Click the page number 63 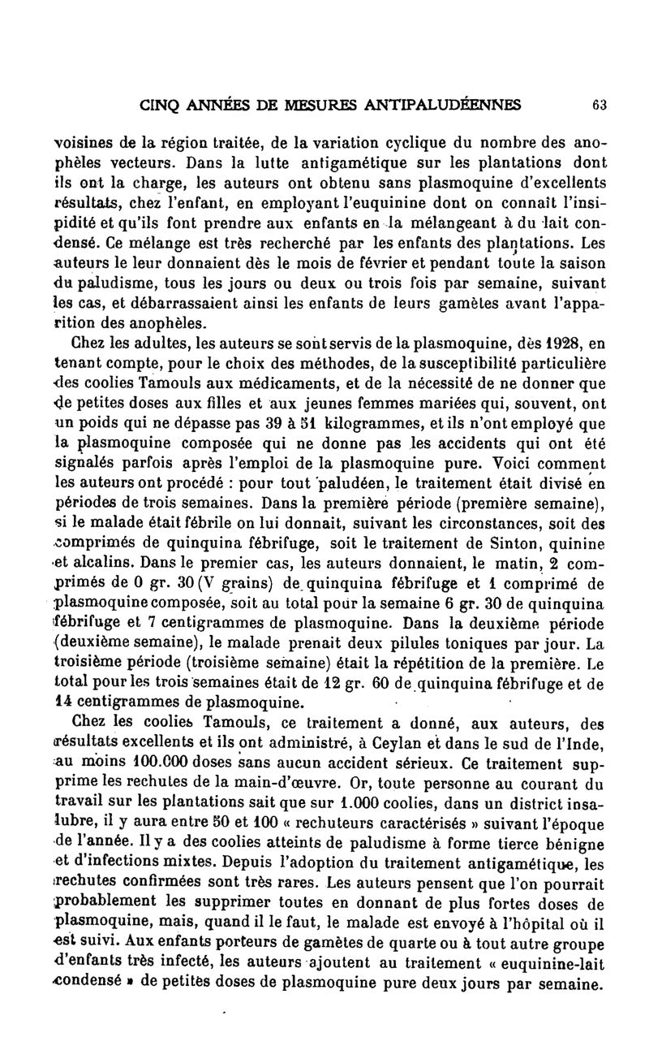pos(600,105)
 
